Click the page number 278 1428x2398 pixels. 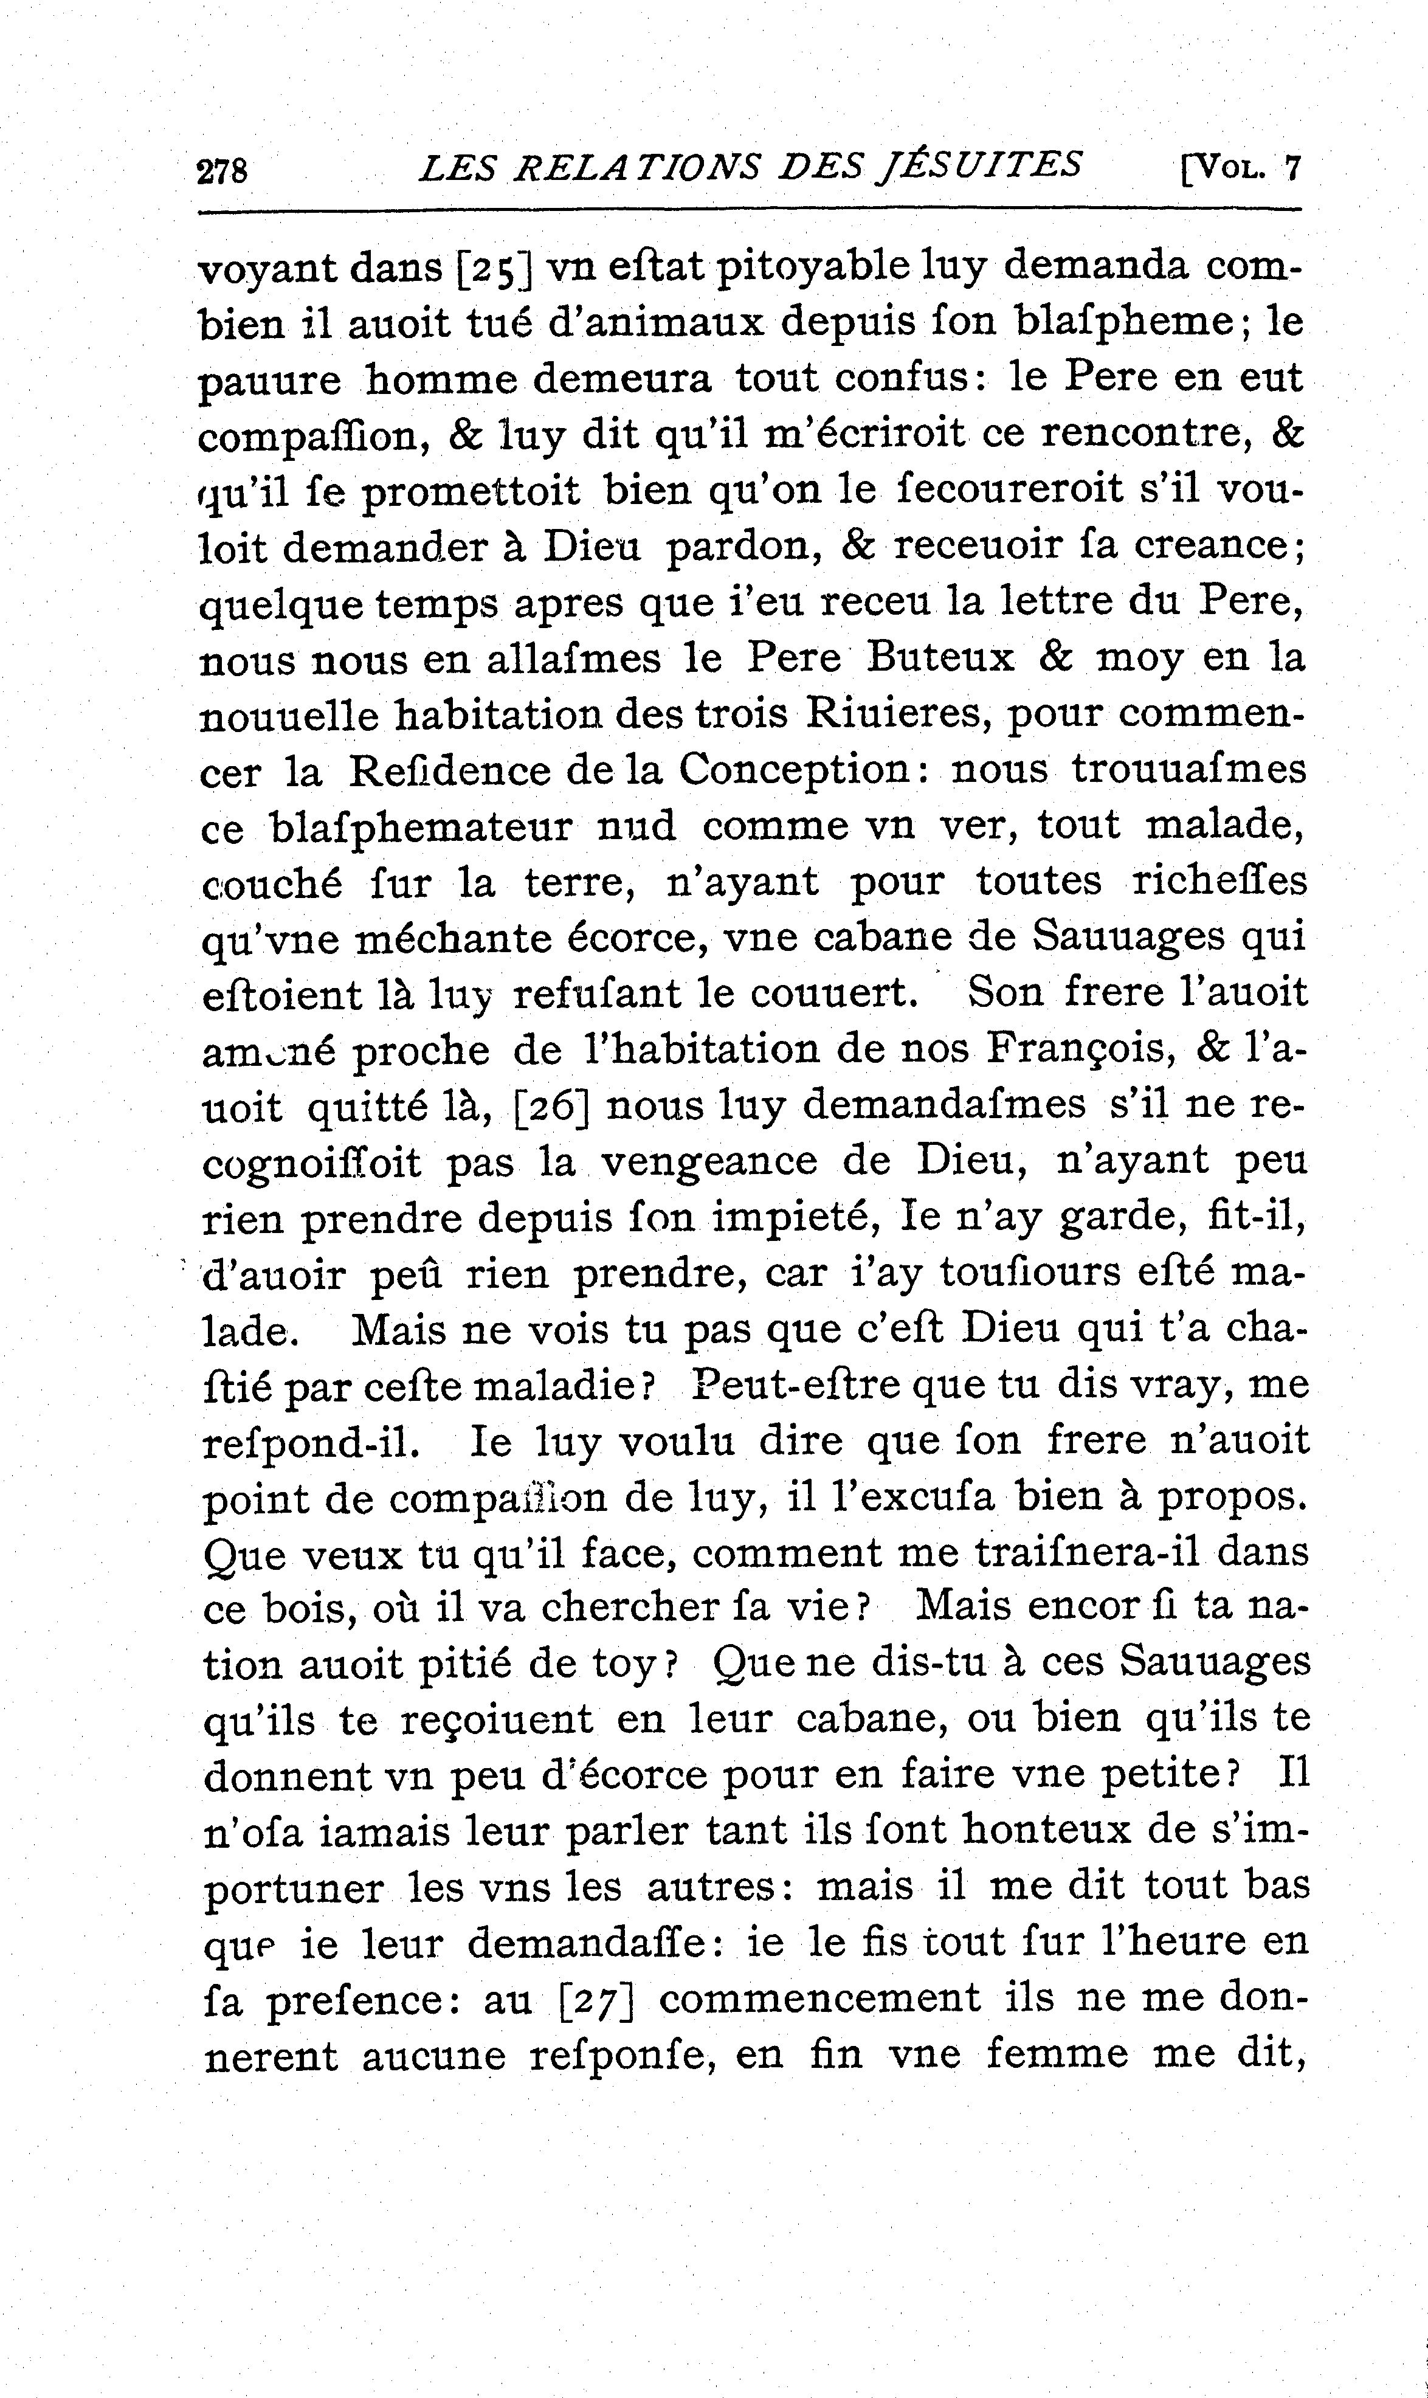(x=222, y=170)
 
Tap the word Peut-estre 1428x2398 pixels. (x=799, y=1386)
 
